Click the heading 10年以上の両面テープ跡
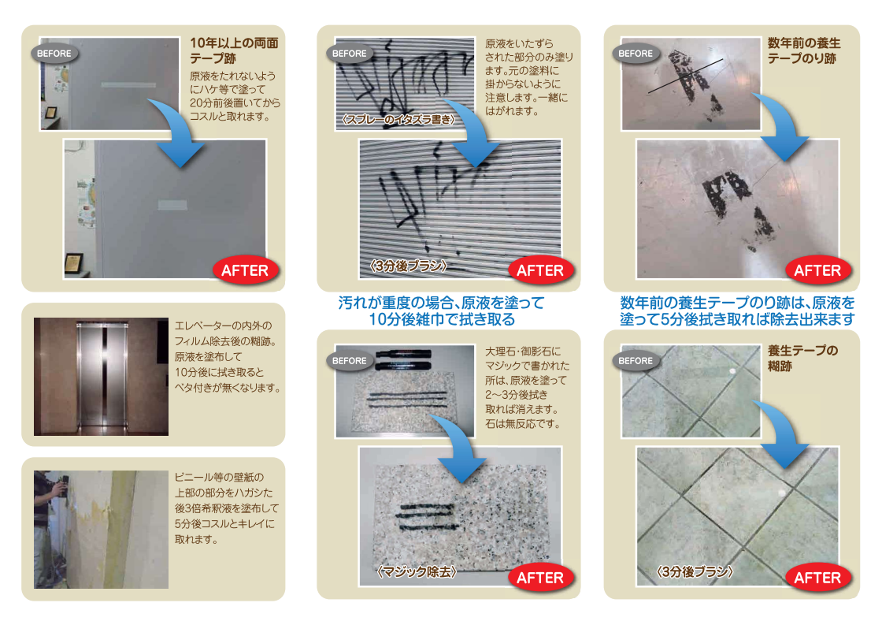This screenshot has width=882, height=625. click(234, 50)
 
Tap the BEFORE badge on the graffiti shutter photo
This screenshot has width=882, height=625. click(350, 54)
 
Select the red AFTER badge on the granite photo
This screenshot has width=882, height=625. click(540, 578)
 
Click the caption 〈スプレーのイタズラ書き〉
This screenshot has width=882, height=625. click(398, 119)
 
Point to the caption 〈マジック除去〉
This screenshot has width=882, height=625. click(417, 572)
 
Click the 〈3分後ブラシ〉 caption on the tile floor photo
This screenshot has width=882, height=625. click(695, 572)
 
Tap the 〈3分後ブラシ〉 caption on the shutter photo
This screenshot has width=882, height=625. click(409, 266)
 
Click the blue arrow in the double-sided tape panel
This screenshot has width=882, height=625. click(176, 132)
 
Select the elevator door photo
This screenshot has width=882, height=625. click(102, 376)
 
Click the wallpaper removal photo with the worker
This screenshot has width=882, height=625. click(102, 530)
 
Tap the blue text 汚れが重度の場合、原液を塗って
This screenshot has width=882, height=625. click(442, 303)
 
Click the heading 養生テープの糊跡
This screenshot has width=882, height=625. click(802, 358)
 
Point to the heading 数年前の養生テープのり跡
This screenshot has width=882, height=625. click(804, 50)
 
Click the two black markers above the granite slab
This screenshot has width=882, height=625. click(403, 360)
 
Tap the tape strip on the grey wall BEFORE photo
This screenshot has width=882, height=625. click(128, 85)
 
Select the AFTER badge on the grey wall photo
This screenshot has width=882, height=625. click(245, 270)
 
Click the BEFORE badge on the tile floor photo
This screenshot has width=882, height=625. click(636, 361)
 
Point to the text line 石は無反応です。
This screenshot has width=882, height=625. click(523, 423)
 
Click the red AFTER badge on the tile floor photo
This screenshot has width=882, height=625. click(817, 578)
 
